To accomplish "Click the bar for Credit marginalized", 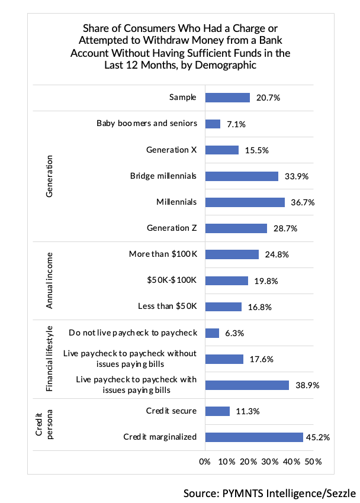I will (x=253, y=437).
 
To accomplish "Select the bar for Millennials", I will (x=245, y=202).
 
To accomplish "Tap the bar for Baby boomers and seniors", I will (x=213, y=124).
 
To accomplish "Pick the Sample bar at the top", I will (x=227, y=98).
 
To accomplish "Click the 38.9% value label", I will (x=307, y=385).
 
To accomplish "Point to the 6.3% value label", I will (x=234, y=333).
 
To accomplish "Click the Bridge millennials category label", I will (x=163, y=176).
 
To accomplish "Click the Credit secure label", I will (x=171, y=411).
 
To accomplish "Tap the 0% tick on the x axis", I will (x=205, y=461).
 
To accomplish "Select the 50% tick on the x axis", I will (x=313, y=461).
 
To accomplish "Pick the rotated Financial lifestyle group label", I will (x=50, y=359).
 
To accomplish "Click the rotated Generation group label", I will (x=50, y=176).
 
